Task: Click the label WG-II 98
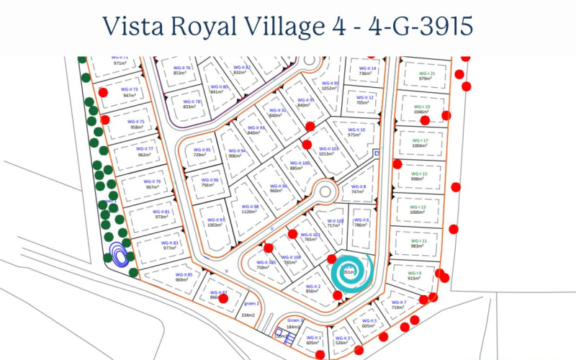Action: pos(249,207)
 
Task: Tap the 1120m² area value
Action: pos(249,213)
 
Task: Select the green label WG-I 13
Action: pos(418,207)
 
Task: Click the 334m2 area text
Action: pos(248,315)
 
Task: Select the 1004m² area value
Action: pos(420,145)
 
